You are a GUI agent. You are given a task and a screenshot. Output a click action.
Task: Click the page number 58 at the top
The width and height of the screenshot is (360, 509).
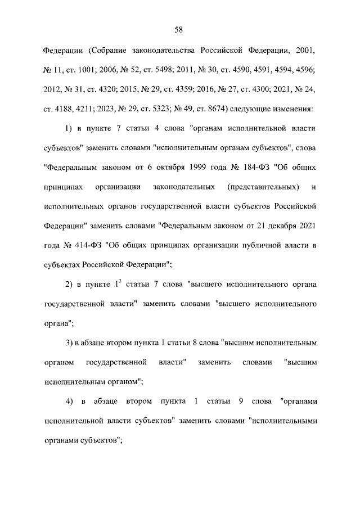pyautogui.click(x=180, y=30)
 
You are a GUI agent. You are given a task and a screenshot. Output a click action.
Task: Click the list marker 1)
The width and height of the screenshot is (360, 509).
pyautogui.click(x=69, y=128)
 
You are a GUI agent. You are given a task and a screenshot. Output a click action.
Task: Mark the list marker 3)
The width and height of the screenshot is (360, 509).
pyautogui.click(x=69, y=343)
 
